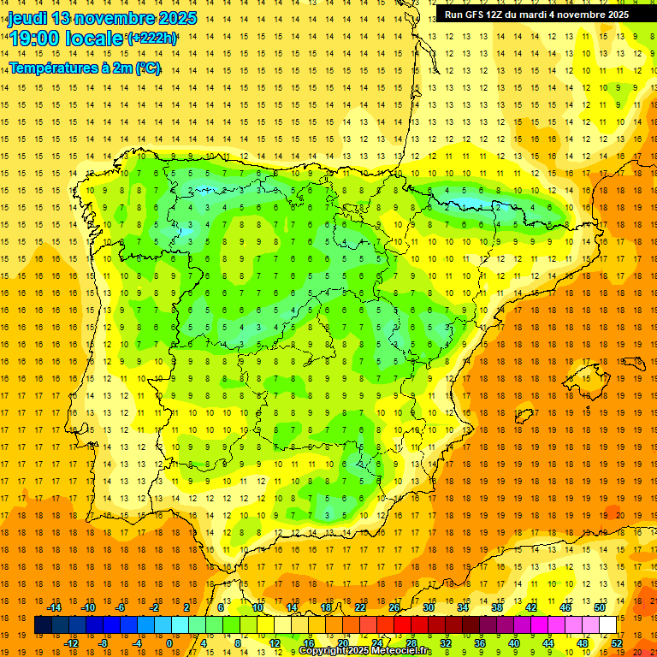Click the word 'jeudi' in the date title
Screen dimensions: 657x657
point(28,18)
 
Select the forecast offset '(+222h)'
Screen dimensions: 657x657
point(151,38)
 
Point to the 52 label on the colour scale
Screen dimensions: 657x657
point(617,643)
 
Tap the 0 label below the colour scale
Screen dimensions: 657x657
point(169,643)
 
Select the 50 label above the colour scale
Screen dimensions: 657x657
point(599,607)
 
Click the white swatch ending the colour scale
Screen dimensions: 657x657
point(607,625)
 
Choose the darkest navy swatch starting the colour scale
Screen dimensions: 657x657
point(43,625)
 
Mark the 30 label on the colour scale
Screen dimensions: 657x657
point(428,607)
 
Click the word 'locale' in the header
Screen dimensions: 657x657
point(92,38)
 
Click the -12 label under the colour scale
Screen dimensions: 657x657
point(72,643)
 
